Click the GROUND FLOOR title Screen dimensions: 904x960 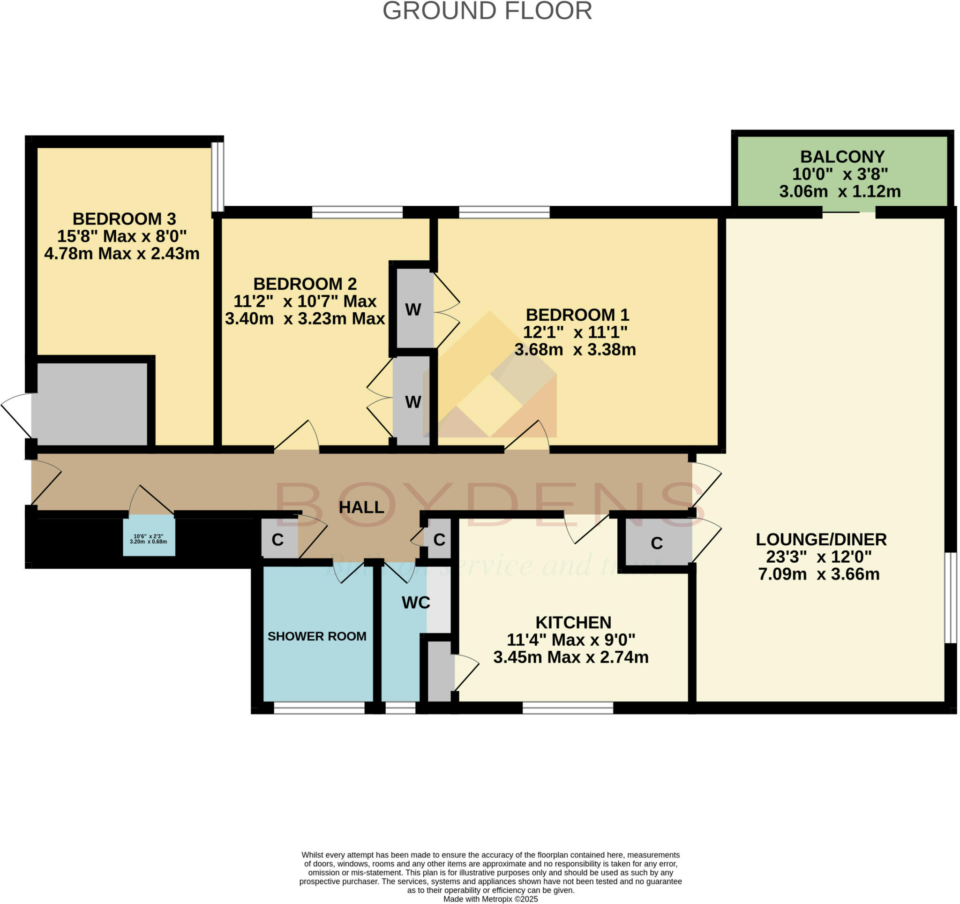[x=487, y=11]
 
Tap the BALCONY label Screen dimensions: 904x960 [x=842, y=157]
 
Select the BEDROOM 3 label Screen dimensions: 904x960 [x=124, y=219]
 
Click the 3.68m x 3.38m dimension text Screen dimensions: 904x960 [x=575, y=350]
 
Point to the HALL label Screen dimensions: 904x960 [x=361, y=507]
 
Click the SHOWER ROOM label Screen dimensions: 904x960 [x=317, y=636]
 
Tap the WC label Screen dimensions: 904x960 [x=416, y=603]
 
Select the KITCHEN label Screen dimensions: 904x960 [x=573, y=623]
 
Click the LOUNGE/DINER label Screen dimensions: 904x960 [x=821, y=539]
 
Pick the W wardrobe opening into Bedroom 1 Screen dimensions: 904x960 [x=413, y=309]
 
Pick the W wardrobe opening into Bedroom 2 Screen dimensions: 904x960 [x=413, y=402]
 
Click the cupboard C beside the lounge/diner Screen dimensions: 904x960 [x=656, y=544]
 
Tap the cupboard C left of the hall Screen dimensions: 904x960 [x=277, y=540]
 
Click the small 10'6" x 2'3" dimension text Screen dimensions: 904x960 [x=148, y=539]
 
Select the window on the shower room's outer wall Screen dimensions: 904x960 [x=319, y=708]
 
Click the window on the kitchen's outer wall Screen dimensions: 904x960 [x=567, y=708]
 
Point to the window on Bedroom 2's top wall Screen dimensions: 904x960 [x=357, y=212]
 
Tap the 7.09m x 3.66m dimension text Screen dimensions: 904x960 [x=818, y=575]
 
